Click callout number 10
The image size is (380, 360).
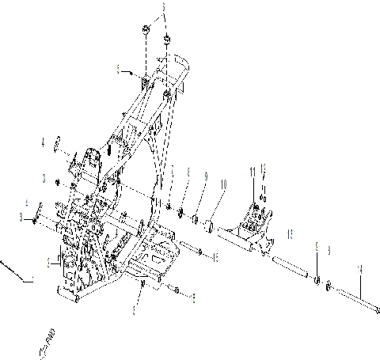click(x=222, y=184)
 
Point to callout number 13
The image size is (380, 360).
click(x=290, y=235)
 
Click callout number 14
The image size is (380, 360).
click(x=359, y=269)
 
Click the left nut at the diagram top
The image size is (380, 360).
click(x=146, y=29)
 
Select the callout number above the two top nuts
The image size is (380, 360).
click(x=163, y=10)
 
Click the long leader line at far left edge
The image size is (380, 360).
click(x=16, y=269)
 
